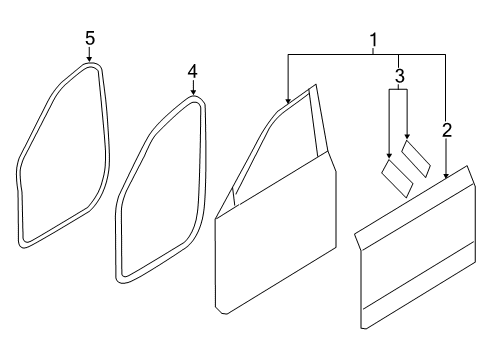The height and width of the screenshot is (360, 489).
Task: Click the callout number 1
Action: (x=374, y=40)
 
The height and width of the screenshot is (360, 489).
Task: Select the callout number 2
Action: (x=447, y=130)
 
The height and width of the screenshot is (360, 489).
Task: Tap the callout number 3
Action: (x=399, y=76)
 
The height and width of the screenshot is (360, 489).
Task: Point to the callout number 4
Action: (x=193, y=72)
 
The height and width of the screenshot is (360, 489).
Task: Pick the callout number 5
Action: (x=90, y=38)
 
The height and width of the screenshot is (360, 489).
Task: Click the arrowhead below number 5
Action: (x=89, y=59)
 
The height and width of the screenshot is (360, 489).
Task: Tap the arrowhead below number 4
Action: (x=193, y=92)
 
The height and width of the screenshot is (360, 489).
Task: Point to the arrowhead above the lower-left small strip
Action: (x=389, y=155)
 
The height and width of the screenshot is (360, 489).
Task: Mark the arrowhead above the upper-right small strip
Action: (x=407, y=136)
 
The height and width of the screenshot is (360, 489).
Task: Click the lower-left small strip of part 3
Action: (x=397, y=178)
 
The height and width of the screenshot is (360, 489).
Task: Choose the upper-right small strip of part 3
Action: (x=416, y=159)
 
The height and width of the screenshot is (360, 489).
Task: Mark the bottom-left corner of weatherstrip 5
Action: (x=22, y=244)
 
